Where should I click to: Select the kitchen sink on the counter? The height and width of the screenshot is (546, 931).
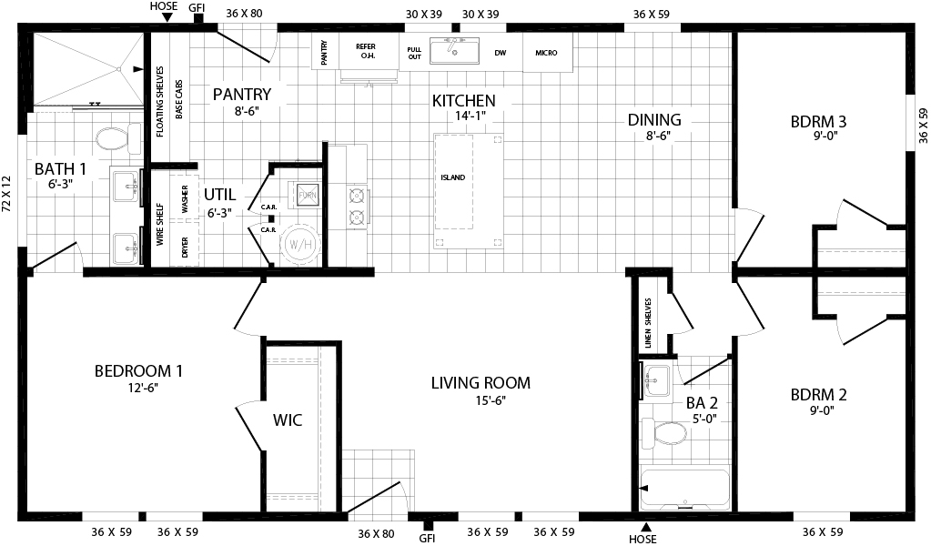coord(455,51)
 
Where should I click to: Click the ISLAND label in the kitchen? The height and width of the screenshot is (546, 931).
coord(453,177)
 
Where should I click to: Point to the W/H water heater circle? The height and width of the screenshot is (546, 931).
coord(301,244)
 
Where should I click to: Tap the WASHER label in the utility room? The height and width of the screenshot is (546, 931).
coord(185,199)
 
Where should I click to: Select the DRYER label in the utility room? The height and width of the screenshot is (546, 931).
coord(185,248)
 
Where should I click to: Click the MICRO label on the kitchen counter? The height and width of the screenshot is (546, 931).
coord(546,53)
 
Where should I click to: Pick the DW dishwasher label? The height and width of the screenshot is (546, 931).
coord(501,53)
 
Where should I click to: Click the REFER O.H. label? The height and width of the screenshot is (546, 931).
coord(366,51)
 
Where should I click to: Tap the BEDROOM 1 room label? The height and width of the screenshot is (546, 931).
coord(138,371)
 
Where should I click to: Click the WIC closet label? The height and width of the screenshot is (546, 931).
coord(288,420)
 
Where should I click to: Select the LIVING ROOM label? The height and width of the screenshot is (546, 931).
coord(481,383)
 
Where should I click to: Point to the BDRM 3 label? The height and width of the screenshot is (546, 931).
coord(819,122)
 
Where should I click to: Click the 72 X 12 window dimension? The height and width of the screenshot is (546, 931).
coord(6,194)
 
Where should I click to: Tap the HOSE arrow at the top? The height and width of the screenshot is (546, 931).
coord(167,18)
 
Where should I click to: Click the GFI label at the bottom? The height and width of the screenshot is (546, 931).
coord(427,539)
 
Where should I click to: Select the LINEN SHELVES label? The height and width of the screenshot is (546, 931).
coord(648,323)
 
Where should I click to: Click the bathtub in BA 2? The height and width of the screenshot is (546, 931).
coord(684,489)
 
